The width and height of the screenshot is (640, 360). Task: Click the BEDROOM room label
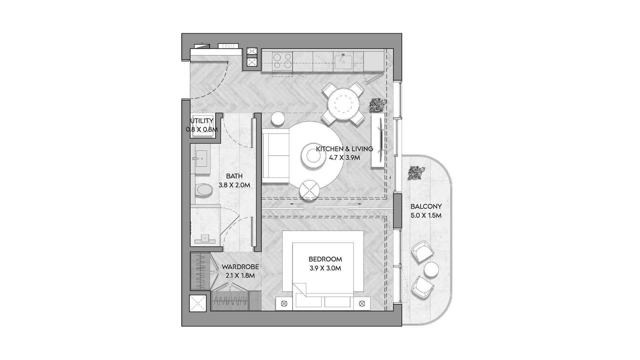coord(325,259)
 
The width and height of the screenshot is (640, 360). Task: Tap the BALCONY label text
coord(426,206)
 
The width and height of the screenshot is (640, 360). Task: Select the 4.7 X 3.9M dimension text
coord(344,158)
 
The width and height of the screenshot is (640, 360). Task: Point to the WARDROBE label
coord(240,267)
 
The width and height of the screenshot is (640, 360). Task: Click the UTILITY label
coord(202,121)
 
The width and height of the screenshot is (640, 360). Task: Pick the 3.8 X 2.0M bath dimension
coord(234,185)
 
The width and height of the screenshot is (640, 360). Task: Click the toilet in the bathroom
coord(204,190)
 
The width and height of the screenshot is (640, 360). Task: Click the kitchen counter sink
coord(343,61)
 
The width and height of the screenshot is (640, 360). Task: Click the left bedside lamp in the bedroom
coord(284,304)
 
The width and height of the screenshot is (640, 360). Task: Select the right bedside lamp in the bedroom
coord(362,304)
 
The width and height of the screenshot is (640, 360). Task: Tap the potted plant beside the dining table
coord(378,105)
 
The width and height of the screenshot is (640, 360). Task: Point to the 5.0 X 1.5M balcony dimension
coord(426,216)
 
